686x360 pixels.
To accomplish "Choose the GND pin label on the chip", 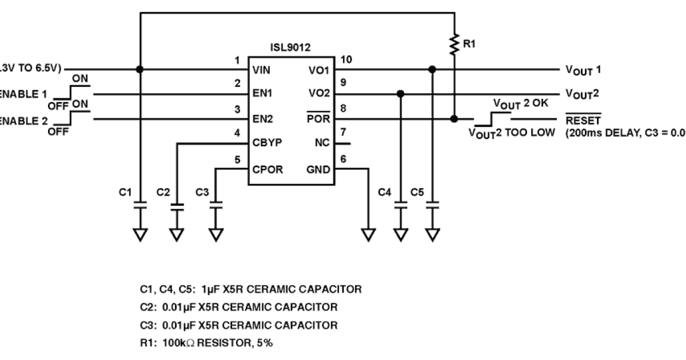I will coord(318,170).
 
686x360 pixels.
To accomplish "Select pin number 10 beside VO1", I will coord(345,59).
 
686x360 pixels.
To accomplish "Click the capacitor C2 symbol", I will coord(178,207).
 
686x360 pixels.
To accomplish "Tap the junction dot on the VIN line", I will coord(139,69).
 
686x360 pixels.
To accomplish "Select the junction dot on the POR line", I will coord(454,119).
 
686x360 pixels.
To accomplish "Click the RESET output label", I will coord(583,121).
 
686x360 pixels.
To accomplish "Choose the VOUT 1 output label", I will coord(583,70).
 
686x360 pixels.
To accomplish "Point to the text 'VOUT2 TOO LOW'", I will coord(512,134).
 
